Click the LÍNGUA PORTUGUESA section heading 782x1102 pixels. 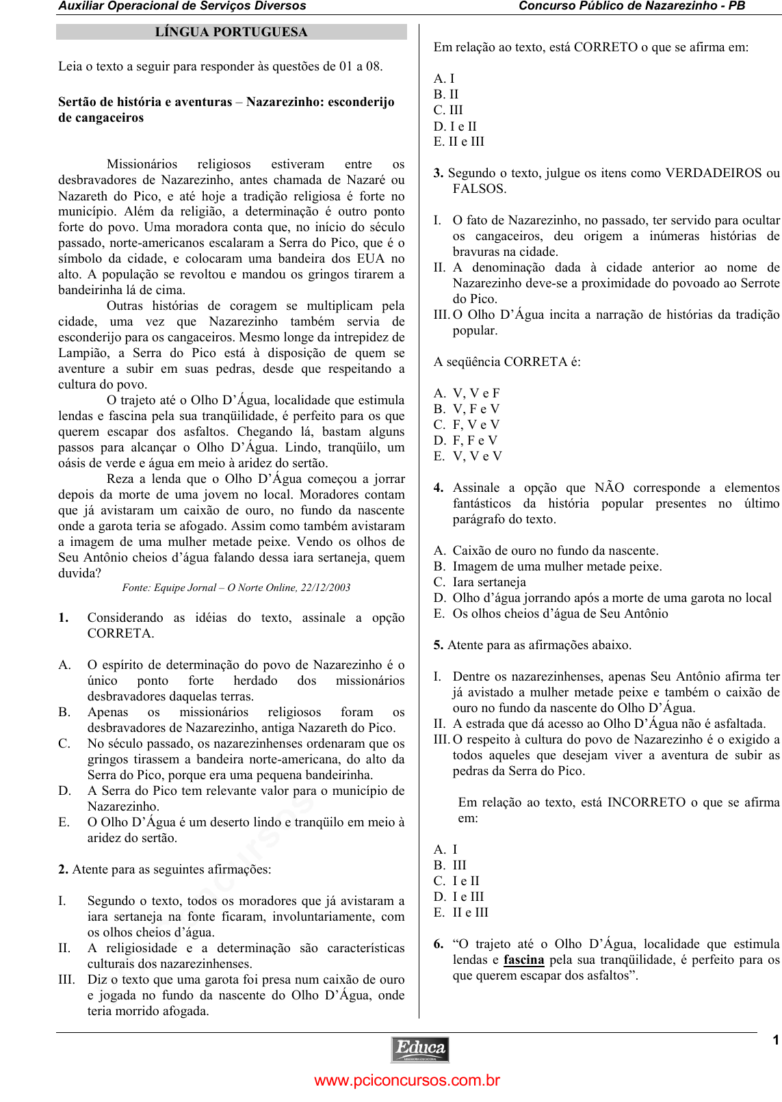[231, 32]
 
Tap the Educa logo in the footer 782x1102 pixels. [420, 1049]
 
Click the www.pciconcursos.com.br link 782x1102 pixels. [407, 1081]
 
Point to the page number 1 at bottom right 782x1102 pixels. [776, 1040]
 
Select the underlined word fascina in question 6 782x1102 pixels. [523, 960]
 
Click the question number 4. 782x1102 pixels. [439, 488]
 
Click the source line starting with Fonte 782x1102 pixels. [236, 588]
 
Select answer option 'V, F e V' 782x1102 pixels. [476, 409]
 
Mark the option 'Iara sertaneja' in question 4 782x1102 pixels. [489, 582]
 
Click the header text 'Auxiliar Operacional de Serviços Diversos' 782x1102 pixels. [182, 6]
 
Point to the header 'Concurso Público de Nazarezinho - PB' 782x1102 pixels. [631, 6]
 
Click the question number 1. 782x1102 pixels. [64, 618]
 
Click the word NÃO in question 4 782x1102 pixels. [609, 488]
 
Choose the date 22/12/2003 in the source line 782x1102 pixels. [326, 588]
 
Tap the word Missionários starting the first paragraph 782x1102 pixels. [142, 164]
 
